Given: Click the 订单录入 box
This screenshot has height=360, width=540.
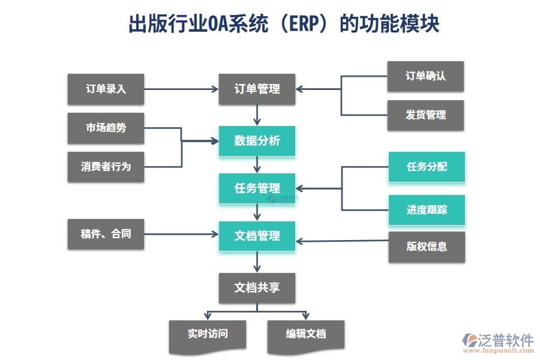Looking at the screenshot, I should [x=106, y=89].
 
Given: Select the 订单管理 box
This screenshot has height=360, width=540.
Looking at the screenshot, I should [x=257, y=89].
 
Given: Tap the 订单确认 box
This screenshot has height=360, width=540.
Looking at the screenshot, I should [x=425, y=76].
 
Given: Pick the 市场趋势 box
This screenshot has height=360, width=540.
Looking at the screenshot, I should [x=106, y=128].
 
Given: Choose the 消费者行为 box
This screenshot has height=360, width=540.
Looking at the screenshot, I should [x=106, y=166].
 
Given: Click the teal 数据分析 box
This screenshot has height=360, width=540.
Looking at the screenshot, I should [x=257, y=141].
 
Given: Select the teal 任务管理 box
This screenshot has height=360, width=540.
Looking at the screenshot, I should [x=257, y=188].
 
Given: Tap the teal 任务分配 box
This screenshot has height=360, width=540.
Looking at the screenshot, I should [x=427, y=167].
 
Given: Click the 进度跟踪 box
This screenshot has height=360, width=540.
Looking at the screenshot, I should [x=427, y=210].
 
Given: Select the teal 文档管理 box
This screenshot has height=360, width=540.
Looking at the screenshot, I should [x=257, y=236].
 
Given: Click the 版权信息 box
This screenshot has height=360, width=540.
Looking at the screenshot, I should [x=427, y=247].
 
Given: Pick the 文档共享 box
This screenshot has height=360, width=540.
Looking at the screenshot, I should [x=257, y=288].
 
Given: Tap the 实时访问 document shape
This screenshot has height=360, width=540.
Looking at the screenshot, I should [x=208, y=334].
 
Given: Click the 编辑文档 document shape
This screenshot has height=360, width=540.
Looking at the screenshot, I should [x=305, y=334].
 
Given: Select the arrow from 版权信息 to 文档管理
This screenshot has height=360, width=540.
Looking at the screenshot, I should [x=343, y=241].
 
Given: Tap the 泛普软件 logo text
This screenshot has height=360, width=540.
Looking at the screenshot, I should [x=505, y=340].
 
